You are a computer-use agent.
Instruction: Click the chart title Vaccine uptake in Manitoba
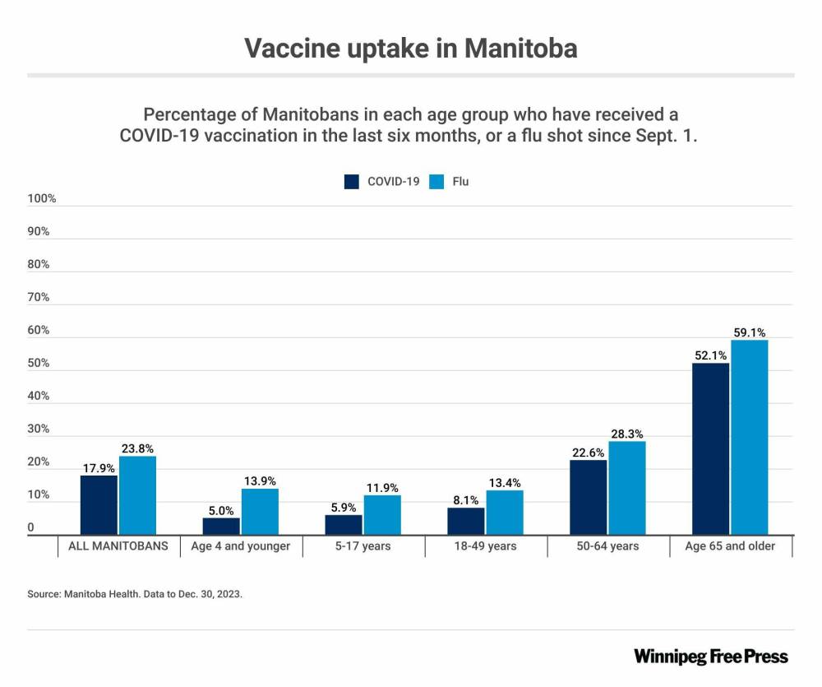click(411, 48)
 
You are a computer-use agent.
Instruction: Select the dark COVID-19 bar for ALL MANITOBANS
click(98, 505)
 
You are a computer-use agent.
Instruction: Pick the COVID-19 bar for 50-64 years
click(588, 498)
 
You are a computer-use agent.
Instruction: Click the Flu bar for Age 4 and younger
click(260, 512)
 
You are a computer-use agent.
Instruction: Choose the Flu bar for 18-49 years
click(505, 513)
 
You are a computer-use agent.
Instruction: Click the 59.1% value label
click(750, 333)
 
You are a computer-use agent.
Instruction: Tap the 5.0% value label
click(221, 511)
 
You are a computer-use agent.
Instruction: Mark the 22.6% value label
click(588, 453)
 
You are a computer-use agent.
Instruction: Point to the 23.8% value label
click(137, 448)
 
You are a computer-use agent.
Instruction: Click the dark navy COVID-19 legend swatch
click(352, 181)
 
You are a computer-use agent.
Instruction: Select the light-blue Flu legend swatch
click(437, 181)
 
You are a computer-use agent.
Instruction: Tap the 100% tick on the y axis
click(41, 198)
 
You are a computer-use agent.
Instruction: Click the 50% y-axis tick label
click(39, 363)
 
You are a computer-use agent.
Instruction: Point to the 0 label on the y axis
click(31, 527)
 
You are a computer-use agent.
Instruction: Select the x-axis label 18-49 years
click(486, 545)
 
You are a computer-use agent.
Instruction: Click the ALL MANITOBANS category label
click(118, 545)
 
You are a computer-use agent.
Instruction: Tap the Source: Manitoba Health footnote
click(135, 592)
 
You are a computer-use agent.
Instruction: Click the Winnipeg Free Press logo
click(710, 656)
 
